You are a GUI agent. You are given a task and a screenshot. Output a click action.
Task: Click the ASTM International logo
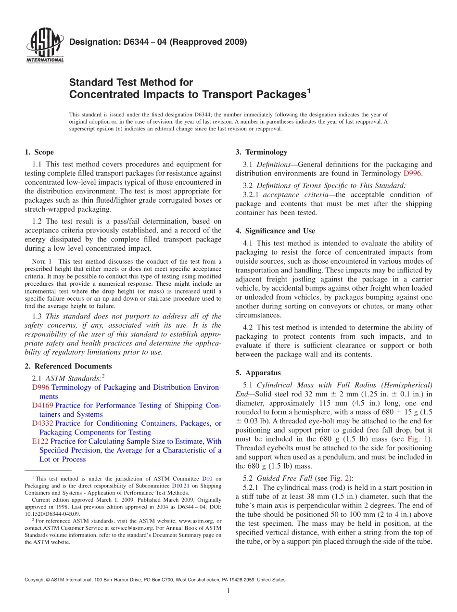pyautogui.click(x=44, y=46)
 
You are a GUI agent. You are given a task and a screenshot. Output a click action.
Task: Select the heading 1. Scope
pyautogui.click(x=39, y=153)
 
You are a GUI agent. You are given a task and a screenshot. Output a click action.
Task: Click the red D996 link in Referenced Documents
pyautogui.click(x=40, y=387)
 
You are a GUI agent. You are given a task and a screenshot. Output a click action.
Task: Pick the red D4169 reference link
pyautogui.click(x=43, y=406)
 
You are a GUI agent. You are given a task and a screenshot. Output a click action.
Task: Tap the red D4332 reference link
pyautogui.click(x=43, y=423)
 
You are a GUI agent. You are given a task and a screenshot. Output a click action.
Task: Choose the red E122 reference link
pyautogui.click(x=40, y=441)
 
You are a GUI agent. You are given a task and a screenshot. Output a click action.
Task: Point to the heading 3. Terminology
pyautogui.click(x=261, y=153)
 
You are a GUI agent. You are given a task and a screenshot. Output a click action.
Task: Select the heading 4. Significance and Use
pyautogui.click(x=275, y=231)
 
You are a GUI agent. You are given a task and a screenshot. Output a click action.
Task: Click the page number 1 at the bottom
pyautogui.click(x=228, y=591)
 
